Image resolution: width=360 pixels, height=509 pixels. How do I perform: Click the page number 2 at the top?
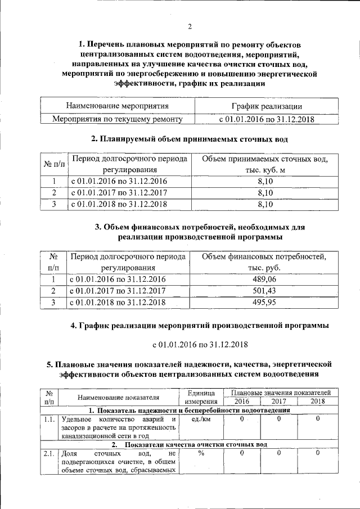click(190, 26)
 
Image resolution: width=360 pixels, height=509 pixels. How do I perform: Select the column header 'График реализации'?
click(266, 106)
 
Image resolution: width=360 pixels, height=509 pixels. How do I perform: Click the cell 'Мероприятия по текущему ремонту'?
click(117, 119)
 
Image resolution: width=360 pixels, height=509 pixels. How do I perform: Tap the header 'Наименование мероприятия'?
click(117, 106)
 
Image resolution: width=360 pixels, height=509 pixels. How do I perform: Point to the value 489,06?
click(265, 279)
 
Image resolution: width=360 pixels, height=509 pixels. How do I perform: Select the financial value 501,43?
click(265, 291)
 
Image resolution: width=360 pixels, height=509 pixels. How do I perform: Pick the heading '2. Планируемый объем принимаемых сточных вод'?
click(190, 138)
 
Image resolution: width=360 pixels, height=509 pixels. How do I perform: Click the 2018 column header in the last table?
click(318, 401)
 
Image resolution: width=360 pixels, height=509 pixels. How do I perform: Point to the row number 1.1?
click(49, 418)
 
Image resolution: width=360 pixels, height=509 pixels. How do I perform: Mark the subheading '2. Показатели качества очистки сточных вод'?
click(190, 444)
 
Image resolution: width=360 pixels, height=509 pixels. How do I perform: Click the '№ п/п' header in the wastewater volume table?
click(54, 165)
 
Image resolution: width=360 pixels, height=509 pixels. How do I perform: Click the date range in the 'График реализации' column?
click(266, 119)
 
